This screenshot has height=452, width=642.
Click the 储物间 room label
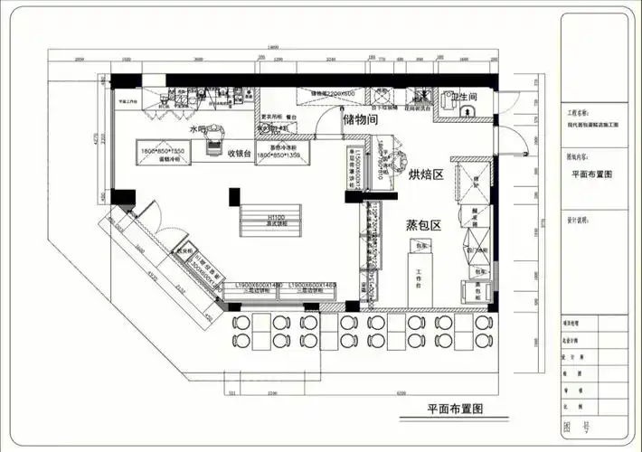pyautogui.click(x=360, y=119)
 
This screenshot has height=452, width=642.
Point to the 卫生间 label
pyautogui.click(x=464, y=96)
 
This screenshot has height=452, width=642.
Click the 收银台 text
pyautogui.click(x=240, y=152)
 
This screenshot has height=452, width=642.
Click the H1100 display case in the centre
pyautogui.click(x=276, y=220)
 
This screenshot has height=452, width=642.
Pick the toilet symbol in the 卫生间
pyautogui.click(x=467, y=112)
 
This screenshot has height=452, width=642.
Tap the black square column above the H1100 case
pyautogui.click(x=234, y=193)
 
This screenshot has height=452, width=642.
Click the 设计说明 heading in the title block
pyautogui.click(x=578, y=220)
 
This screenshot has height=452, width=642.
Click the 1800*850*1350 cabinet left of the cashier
pyautogui.click(x=163, y=155)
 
